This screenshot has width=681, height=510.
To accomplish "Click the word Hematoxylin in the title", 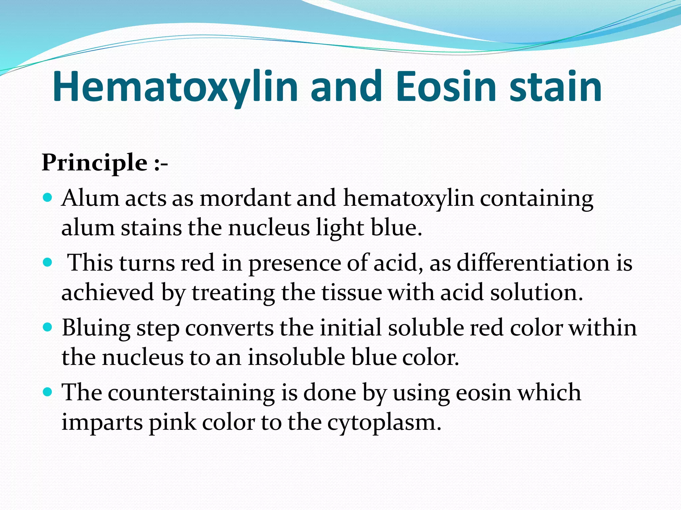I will [x=175, y=87].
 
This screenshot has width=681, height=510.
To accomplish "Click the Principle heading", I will [x=94, y=163].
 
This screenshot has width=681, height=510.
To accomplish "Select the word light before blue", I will [x=340, y=228].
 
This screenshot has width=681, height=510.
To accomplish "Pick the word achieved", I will [x=108, y=293].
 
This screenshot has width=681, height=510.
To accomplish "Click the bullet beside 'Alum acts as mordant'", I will [x=48, y=198].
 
